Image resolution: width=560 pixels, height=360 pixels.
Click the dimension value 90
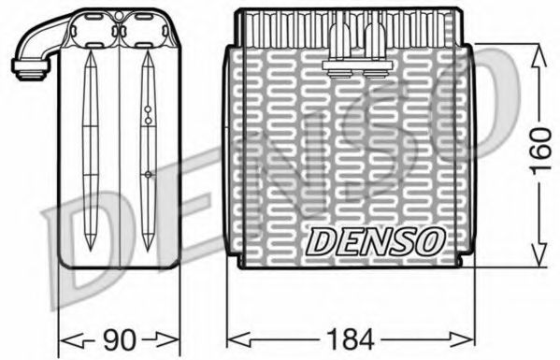(120, 339)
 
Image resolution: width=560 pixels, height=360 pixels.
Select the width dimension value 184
(350, 338)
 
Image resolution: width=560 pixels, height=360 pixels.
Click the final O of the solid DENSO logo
(430, 241)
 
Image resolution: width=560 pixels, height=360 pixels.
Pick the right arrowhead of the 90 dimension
(166, 338)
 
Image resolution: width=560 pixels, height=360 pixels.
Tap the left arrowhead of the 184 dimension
(239, 339)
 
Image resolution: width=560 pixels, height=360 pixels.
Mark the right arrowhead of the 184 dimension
(462, 339)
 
